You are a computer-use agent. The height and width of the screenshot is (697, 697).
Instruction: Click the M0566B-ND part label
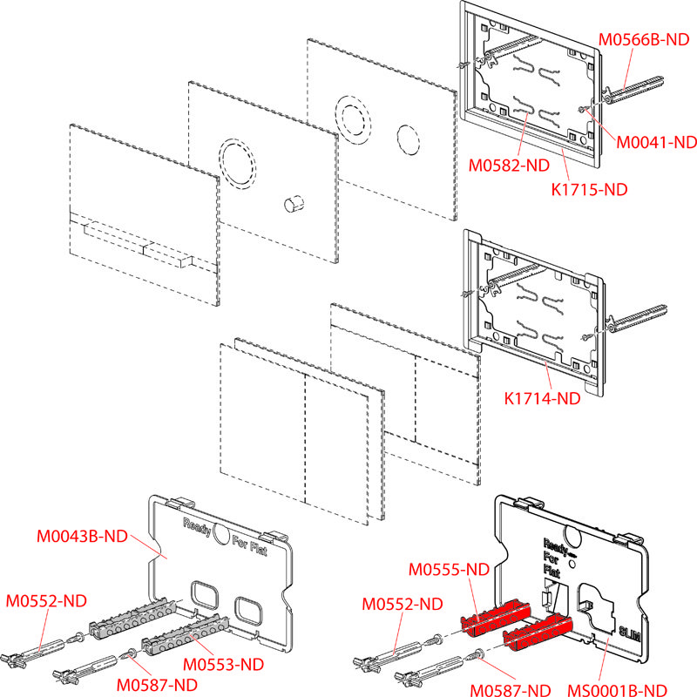[644, 38]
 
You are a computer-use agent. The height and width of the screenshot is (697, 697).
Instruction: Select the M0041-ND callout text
[655, 141]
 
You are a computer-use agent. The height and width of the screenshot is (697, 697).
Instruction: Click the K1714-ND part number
[542, 399]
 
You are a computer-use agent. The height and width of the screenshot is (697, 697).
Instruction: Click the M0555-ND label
[450, 570]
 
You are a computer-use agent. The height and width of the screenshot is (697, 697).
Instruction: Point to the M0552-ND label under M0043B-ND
[47, 600]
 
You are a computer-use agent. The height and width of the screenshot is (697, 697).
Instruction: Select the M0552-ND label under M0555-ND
[400, 603]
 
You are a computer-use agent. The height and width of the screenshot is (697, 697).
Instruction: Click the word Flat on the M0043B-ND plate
[256, 551]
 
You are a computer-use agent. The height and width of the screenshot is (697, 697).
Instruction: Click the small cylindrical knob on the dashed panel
[293, 204]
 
